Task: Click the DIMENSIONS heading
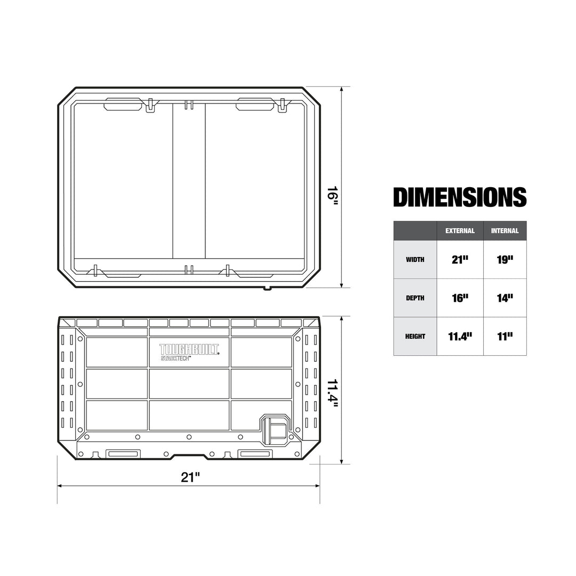(x=460, y=197)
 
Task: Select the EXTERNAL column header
(x=460, y=231)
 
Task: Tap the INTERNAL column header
(x=505, y=231)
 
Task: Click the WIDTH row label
(x=415, y=260)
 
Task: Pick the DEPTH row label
(x=415, y=298)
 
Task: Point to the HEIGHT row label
(x=415, y=337)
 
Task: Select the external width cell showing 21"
(x=460, y=259)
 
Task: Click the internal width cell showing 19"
(x=505, y=259)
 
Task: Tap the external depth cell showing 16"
(x=460, y=298)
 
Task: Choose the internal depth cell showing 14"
(x=505, y=298)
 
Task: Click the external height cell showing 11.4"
(x=460, y=336)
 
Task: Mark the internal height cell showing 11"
(x=505, y=336)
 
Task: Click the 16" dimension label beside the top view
(x=333, y=194)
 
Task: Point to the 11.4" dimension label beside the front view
(x=333, y=394)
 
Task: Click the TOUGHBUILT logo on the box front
(x=189, y=349)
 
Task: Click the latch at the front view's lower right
(x=274, y=429)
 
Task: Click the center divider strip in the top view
(x=189, y=181)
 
